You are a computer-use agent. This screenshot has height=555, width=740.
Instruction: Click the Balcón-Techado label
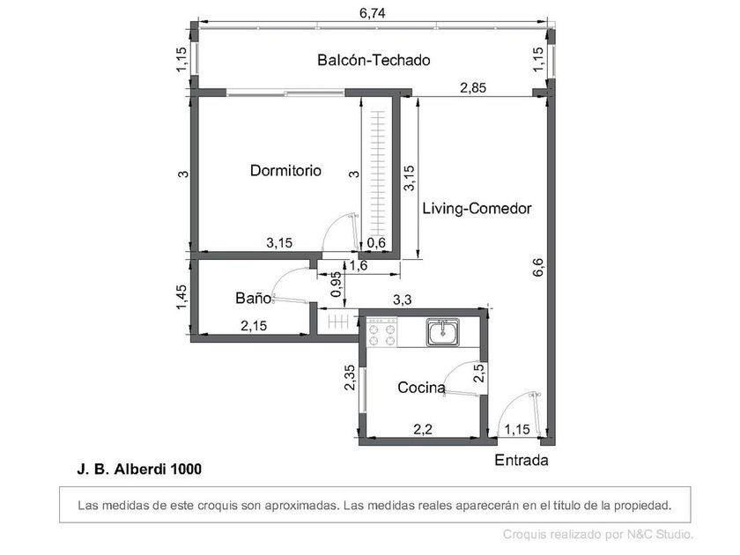tap(374, 61)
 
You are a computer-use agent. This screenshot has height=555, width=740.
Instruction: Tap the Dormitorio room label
tap(285, 170)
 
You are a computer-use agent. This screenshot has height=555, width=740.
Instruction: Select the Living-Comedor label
tap(477, 209)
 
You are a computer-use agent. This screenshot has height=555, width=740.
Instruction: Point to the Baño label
tap(254, 298)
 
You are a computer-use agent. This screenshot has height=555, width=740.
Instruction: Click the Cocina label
tap(421, 388)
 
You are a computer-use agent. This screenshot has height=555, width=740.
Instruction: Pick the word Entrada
tap(521, 460)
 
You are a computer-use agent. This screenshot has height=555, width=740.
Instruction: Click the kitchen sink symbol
tap(442, 332)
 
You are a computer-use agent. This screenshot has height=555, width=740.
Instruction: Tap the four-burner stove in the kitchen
tap(382, 332)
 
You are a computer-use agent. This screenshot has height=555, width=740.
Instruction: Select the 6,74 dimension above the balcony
tap(373, 12)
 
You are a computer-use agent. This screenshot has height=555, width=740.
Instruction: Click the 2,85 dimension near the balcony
tap(473, 88)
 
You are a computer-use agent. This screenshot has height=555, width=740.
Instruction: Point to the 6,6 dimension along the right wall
tap(537, 267)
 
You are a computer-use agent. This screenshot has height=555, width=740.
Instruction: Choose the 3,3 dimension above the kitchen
tap(402, 300)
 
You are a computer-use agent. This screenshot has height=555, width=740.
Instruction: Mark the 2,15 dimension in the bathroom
tap(254, 326)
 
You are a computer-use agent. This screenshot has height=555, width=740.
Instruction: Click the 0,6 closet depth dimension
tap(376, 243)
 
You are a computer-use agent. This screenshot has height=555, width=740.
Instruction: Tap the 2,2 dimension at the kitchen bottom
tap(423, 429)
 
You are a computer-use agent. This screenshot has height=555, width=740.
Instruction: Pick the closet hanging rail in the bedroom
tap(378, 174)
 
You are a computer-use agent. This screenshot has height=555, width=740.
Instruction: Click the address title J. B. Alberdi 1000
tap(139, 469)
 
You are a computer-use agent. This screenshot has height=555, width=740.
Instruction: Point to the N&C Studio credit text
tap(598, 535)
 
